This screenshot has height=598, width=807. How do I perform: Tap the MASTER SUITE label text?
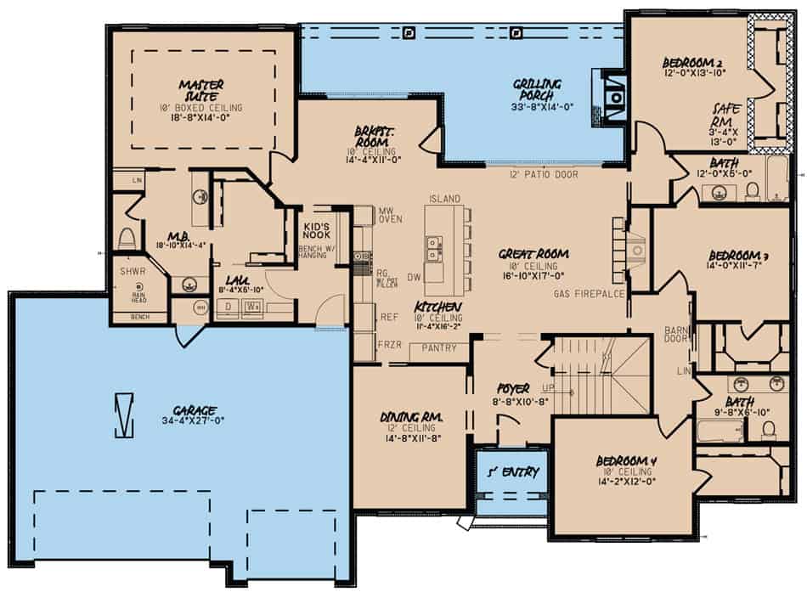coord(201,90)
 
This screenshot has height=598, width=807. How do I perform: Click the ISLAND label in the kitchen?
coord(444,199)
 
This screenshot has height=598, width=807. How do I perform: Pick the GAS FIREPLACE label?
coord(589,293)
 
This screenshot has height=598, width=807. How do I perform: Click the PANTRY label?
coord(439,348)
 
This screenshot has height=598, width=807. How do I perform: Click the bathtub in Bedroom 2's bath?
coord(777,179)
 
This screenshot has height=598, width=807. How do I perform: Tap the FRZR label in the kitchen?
coord(388,347)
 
